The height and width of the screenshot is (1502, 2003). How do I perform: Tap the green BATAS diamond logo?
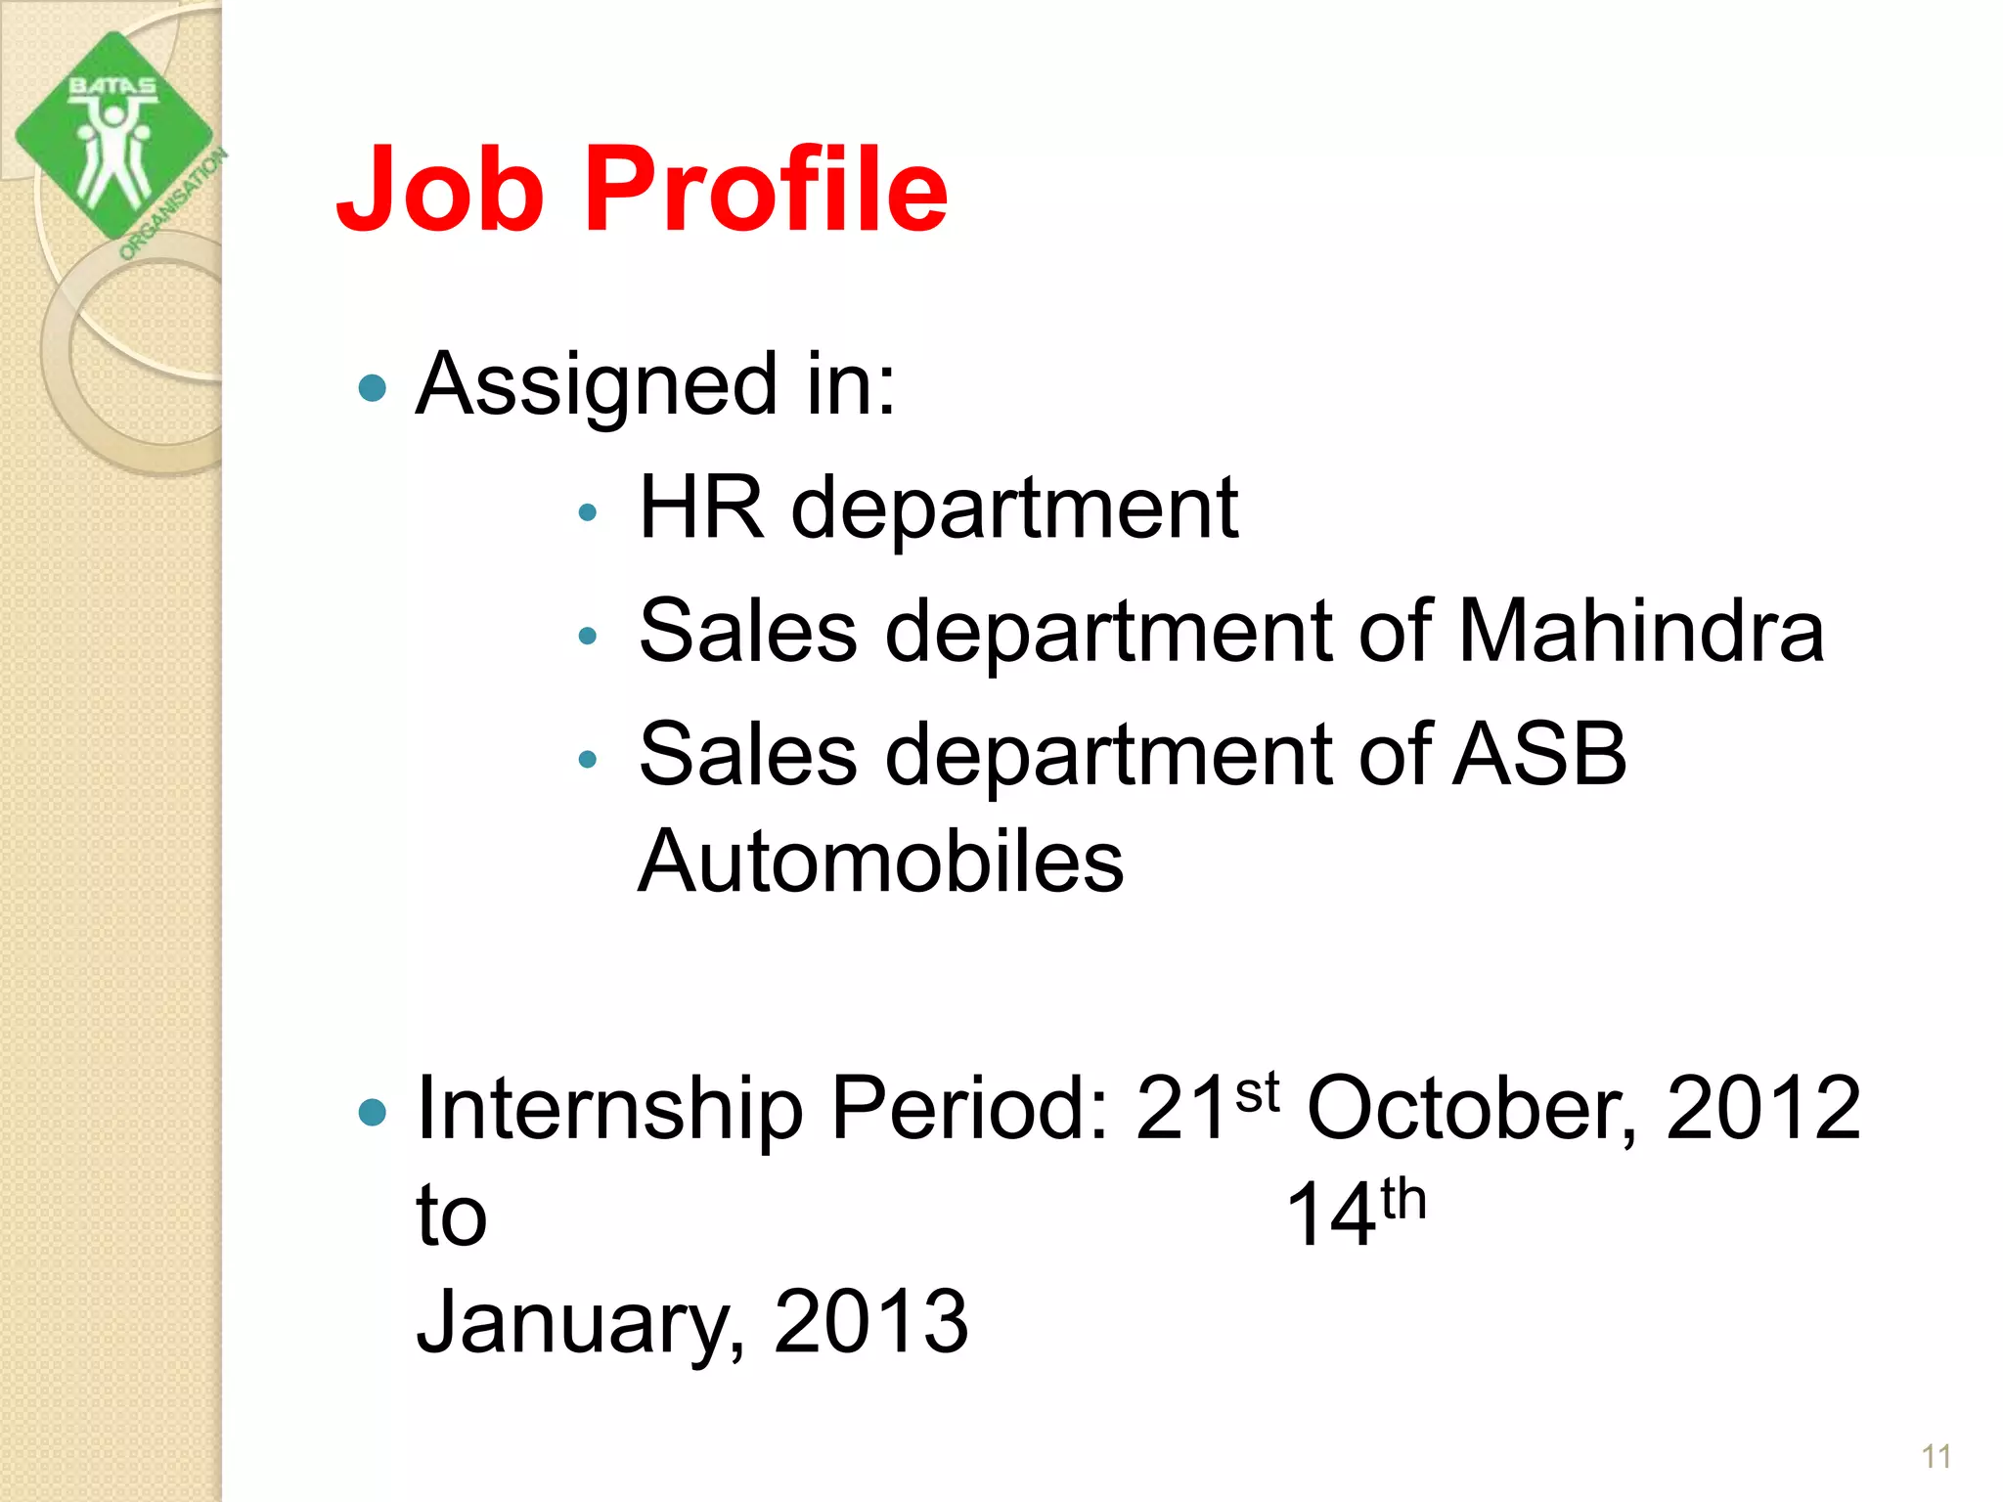pyautogui.click(x=112, y=137)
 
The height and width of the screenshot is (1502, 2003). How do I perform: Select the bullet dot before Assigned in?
pyautogui.click(x=373, y=388)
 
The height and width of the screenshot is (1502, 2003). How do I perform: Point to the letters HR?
pyautogui.click(x=700, y=508)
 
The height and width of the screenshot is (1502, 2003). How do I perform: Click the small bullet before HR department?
pyautogui.click(x=587, y=511)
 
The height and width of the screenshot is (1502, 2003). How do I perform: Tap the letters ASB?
pyautogui.click(x=1539, y=754)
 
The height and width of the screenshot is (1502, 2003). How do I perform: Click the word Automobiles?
pyautogui.click(x=880, y=861)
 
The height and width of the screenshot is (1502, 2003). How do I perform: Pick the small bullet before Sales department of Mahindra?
pyautogui.click(x=587, y=636)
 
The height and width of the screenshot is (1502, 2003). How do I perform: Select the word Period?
pyautogui.click(x=968, y=1109)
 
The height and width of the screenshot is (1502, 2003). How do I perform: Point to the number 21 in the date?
pyautogui.click(x=1180, y=1109)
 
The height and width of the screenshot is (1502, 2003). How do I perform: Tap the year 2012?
pyautogui.click(x=1762, y=1109)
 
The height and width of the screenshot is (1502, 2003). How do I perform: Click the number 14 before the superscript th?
pyautogui.click(x=1331, y=1215)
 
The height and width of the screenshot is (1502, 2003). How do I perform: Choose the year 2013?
pyautogui.click(x=870, y=1323)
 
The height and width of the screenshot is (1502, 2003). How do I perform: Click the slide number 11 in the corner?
pyautogui.click(x=1936, y=1457)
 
